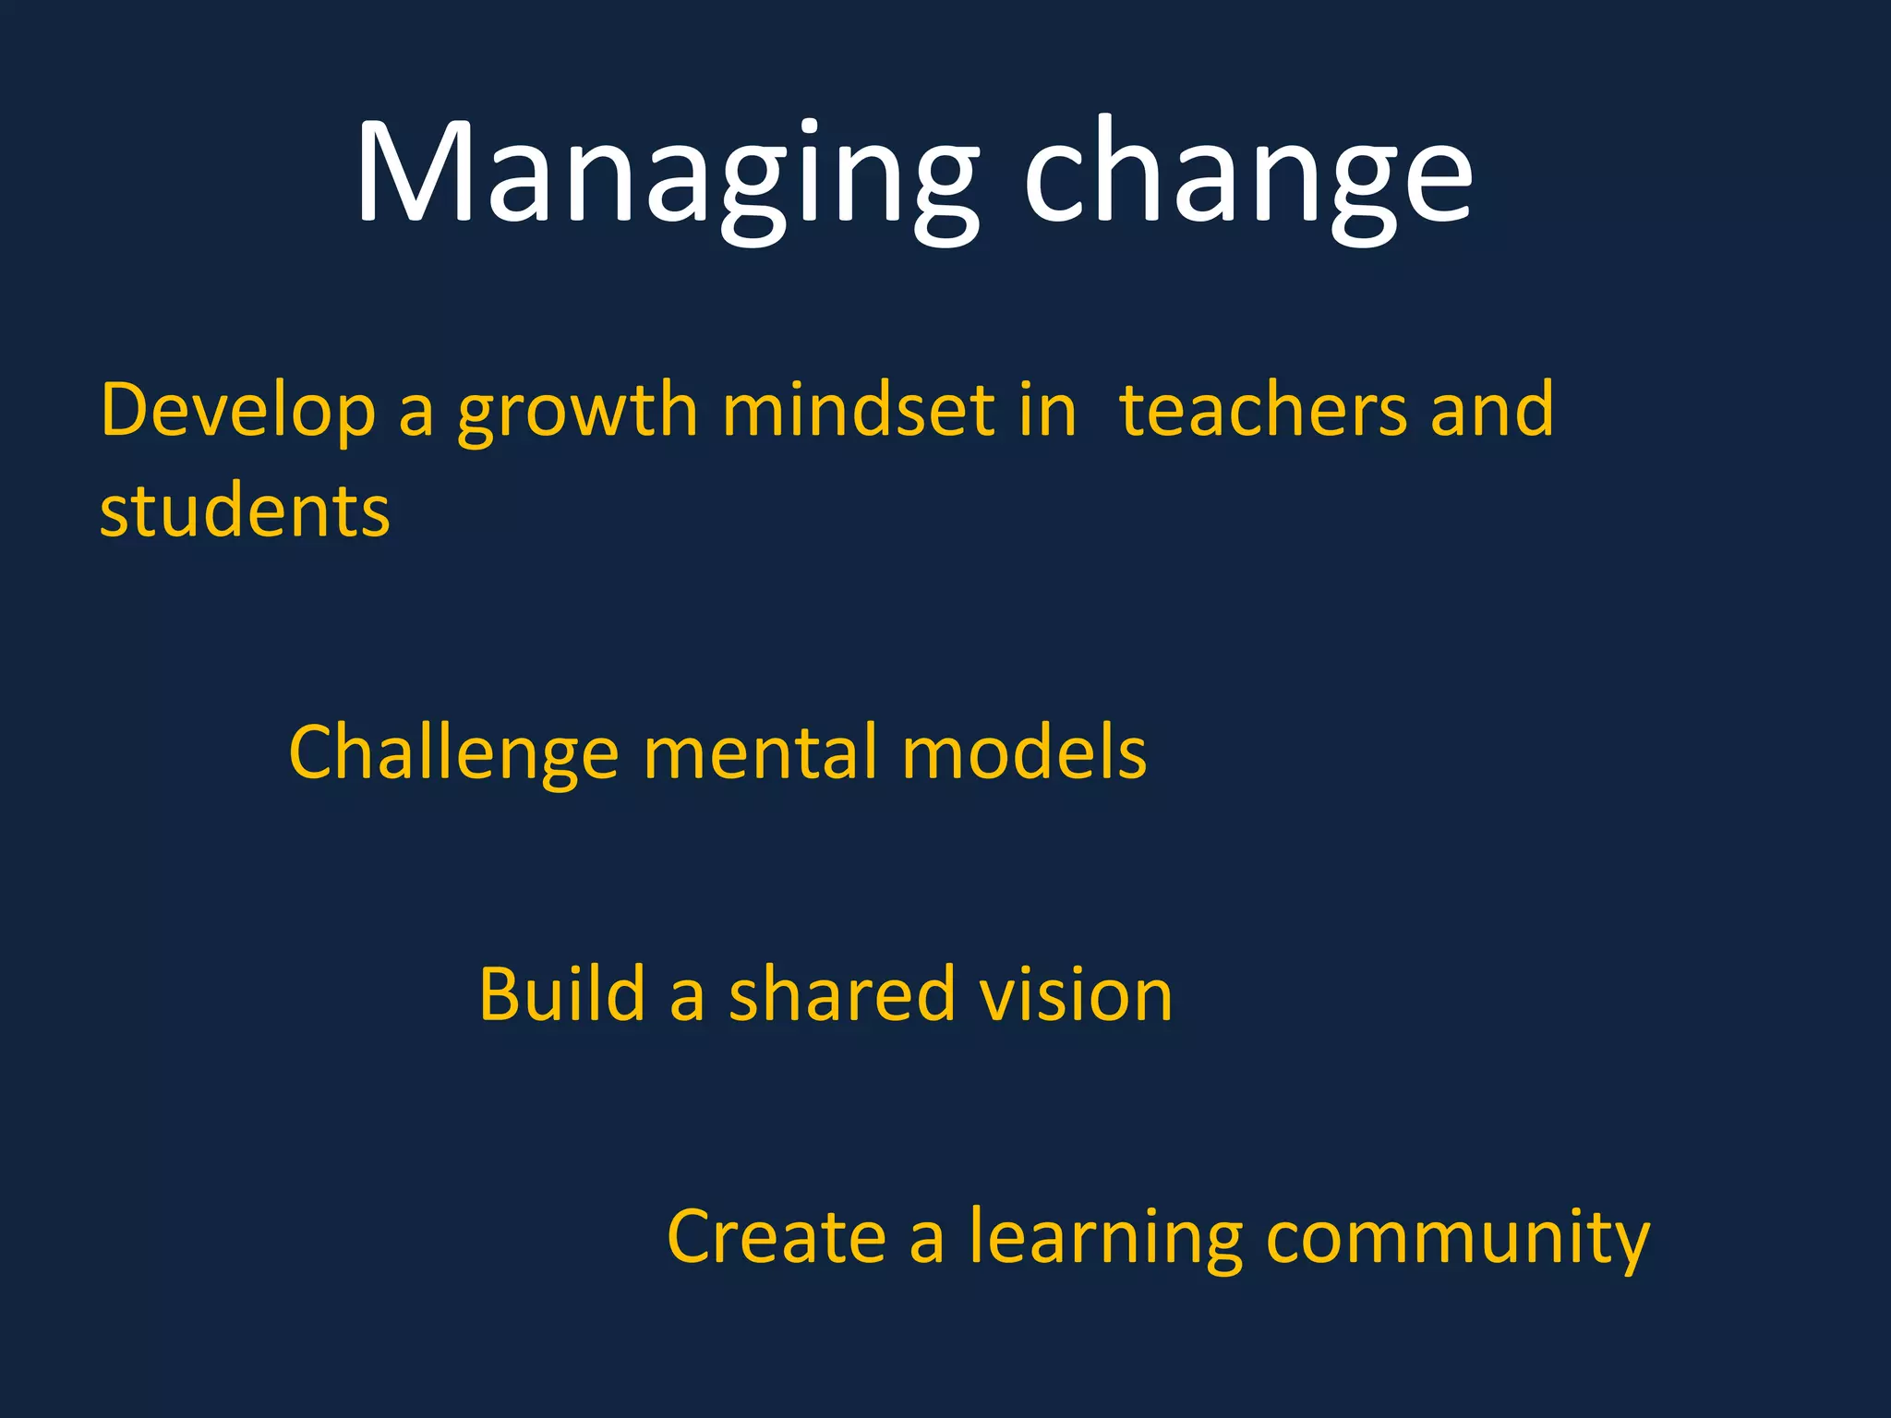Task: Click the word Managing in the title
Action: pos(665,175)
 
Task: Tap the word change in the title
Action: pos(1248,175)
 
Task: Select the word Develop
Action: pos(238,411)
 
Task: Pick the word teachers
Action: pos(1262,411)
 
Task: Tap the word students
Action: pos(245,511)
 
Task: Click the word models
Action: pos(1024,753)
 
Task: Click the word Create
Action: pos(777,1237)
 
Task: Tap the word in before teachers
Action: pos(1048,411)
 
